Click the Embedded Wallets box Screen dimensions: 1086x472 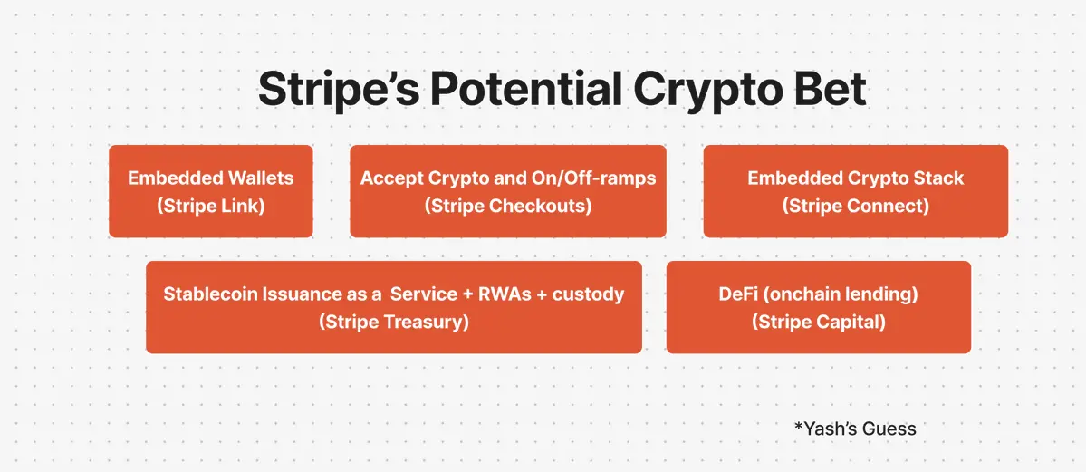click(x=210, y=191)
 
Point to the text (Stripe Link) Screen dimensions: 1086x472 click(x=210, y=207)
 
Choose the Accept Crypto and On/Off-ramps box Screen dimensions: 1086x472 click(x=508, y=191)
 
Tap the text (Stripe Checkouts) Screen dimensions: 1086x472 click(x=508, y=207)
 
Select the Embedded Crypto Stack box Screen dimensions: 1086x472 click(x=855, y=191)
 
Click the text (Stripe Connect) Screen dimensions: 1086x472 click(x=855, y=207)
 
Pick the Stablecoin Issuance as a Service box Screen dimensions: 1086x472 click(x=394, y=307)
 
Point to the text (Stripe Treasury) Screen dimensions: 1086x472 click(x=394, y=323)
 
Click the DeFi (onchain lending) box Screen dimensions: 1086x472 click(x=819, y=307)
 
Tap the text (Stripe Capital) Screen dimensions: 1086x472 click(x=819, y=323)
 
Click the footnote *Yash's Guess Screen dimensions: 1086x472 click(x=855, y=429)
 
